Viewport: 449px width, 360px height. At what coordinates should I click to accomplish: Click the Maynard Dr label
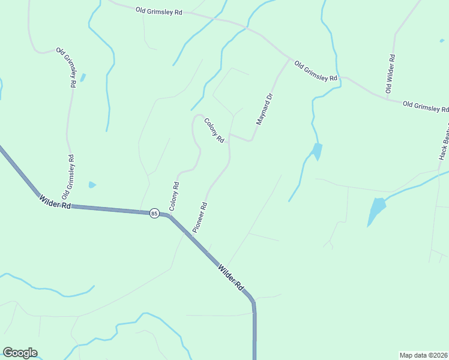pos(265,109)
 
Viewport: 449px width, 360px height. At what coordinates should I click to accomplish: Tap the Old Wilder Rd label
pos(391,74)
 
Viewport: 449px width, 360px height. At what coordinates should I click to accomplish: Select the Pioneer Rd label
pos(200,217)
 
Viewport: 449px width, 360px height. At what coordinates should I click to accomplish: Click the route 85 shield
pos(154,213)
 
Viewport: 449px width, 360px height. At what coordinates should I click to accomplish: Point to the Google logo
pos(20,353)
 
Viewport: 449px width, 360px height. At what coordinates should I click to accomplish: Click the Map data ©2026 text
pos(424,355)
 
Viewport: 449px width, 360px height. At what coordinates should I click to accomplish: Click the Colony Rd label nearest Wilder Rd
pos(175,196)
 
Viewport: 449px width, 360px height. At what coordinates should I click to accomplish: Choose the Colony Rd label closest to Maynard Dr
pos(214,130)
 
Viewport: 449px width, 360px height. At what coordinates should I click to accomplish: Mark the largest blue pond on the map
pos(376,211)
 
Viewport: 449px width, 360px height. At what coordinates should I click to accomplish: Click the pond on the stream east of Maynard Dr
pos(316,151)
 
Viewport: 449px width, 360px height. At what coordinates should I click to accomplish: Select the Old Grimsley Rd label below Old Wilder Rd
pos(426,106)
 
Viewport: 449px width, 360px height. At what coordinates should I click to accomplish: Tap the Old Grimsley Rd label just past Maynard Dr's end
pos(316,71)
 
